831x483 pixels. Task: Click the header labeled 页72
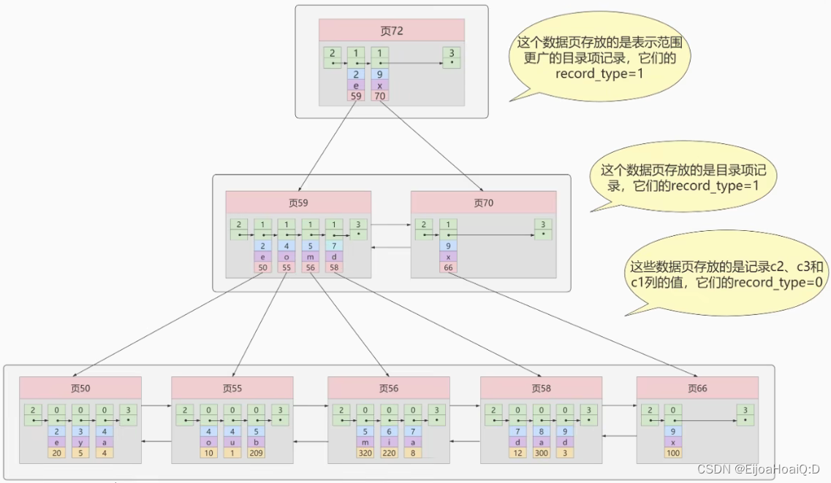(x=392, y=31)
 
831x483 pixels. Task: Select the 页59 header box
(x=298, y=202)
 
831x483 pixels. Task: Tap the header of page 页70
(x=483, y=202)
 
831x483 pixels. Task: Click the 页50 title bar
(x=80, y=388)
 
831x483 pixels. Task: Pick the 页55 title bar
(x=232, y=388)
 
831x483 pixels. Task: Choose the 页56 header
(x=388, y=388)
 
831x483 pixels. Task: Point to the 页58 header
(x=541, y=388)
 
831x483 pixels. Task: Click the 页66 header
(x=697, y=388)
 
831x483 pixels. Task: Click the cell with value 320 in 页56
(x=365, y=453)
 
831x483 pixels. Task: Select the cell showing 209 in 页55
(x=256, y=453)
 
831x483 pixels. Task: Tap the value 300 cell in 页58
(x=541, y=453)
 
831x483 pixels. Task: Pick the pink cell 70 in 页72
(x=379, y=96)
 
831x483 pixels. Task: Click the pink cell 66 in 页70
(x=448, y=268)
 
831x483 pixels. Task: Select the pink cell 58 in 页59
(x=334, y=268)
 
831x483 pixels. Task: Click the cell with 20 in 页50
(x=56, y=453)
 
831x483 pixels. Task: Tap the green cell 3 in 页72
(x=452, y=58)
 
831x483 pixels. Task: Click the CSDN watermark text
(x=756, y=469)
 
